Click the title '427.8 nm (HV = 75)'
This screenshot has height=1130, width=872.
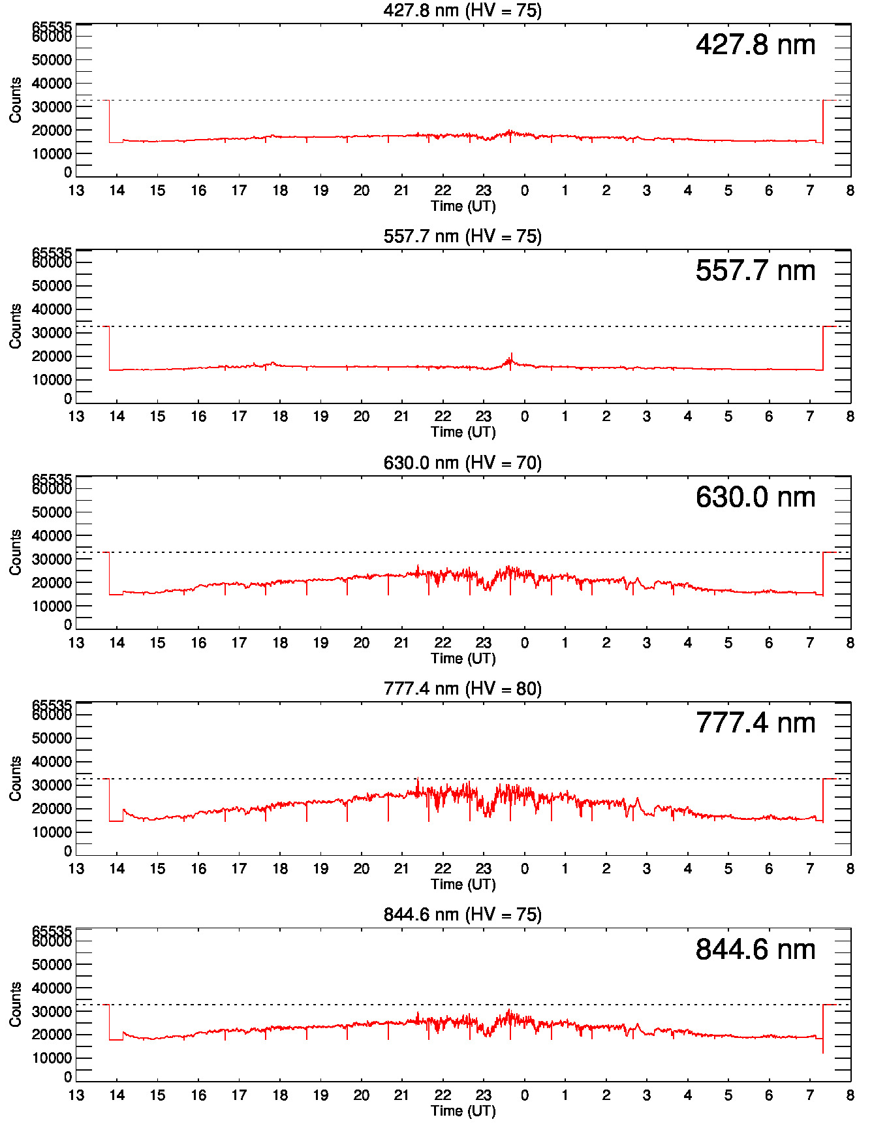(x=462, y=10)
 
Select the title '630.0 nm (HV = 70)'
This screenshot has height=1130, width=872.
(x=462, y=463)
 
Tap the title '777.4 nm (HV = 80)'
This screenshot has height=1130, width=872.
(x=462, y=689)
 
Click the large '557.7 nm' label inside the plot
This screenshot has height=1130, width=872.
(x=755, y=271)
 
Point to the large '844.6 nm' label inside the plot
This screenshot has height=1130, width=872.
(x=755, y=950)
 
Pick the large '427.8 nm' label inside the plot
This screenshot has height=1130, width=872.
(x=755, y=45)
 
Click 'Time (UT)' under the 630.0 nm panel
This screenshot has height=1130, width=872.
(x=463, y=658)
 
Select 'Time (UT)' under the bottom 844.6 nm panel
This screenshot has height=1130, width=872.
(x=463, y=1110)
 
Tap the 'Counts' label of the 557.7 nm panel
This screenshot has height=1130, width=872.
(x=15, y=326)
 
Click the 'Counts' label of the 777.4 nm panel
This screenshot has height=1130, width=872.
(x=15, y=778)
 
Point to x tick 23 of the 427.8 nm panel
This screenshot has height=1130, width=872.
(x=483, y=191)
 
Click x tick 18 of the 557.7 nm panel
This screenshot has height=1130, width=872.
(x=280, y=416)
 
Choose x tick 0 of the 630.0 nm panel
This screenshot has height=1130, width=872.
(x=524, y=643)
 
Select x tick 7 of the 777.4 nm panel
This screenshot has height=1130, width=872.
(x=809, y=869)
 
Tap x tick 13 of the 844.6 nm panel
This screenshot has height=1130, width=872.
(x=76, y=1095)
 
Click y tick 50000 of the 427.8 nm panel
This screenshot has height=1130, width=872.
(x=52, y=60)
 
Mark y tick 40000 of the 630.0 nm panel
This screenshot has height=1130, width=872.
(x=52, y=536)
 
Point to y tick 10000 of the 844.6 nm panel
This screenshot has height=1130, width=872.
(x=52, y=1058)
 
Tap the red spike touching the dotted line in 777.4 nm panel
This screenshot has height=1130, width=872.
(x=418, y=779)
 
